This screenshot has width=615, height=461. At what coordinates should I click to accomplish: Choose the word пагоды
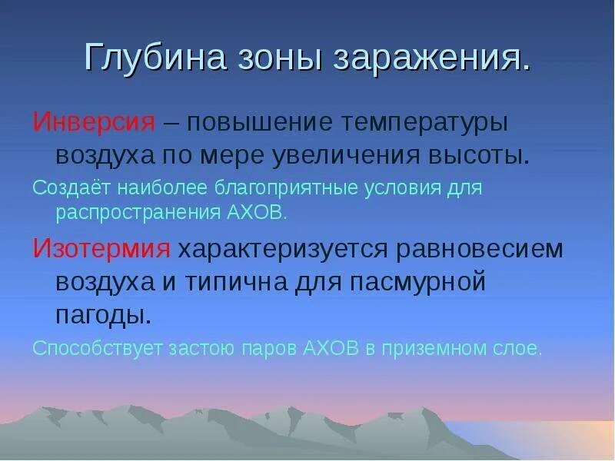[x=101, y=313]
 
